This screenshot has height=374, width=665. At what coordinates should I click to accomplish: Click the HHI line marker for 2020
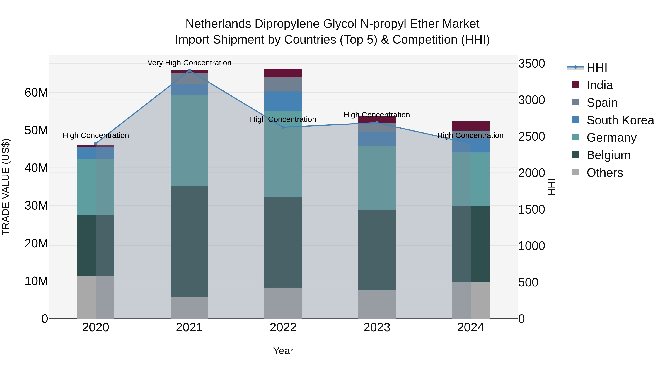[x=96, y=144]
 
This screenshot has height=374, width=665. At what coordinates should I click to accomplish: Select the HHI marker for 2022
[x=283, y=127]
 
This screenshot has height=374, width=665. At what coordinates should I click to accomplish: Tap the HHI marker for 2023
[x=377, y=123]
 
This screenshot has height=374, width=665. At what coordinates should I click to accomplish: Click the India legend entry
[x=599, y=85]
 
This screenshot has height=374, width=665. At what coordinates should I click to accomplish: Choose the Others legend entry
[x=604, y=173]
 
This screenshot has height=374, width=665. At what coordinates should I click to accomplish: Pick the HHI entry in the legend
[x=597, y=68]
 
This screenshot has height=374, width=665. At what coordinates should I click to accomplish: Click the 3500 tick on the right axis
[x=531, y=64]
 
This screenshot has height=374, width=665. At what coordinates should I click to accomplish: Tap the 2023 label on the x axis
[x=377, y=327]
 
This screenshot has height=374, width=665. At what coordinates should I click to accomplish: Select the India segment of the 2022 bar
[x=283, y=73]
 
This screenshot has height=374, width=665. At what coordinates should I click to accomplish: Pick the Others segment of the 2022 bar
[x=283, y=303]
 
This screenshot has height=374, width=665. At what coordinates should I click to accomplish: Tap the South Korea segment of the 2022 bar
[x=283, y=101]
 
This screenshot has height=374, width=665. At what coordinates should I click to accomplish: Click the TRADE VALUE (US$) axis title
[x=6, y=187]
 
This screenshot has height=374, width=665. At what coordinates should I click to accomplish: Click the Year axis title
[x=283, y=351]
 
